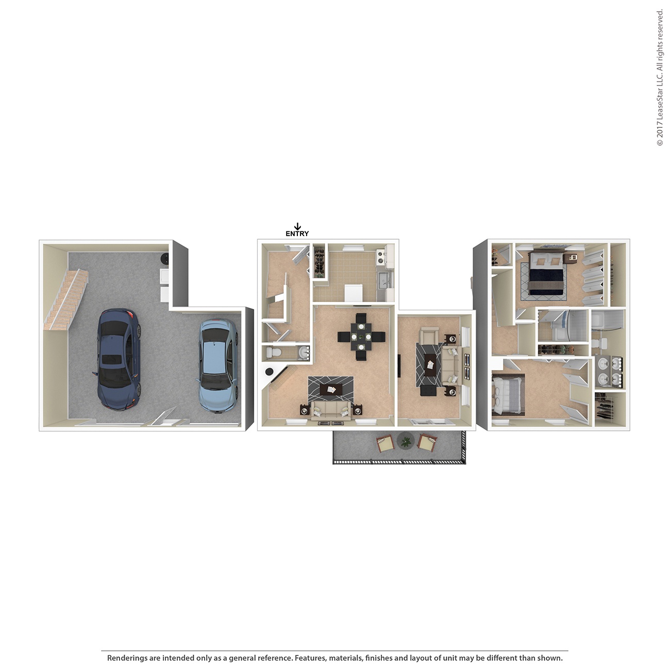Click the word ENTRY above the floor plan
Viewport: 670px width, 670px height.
click(x=297, y=233)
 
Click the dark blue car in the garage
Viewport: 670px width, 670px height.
click(x=119, y=359)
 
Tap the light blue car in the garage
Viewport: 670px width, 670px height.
click(x=219, y=364)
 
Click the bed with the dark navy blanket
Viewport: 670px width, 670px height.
click(x=545, y=276)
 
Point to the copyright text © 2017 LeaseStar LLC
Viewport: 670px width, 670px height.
click(x=660, y=77)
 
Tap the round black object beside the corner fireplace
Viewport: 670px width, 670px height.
click(x=269, y=371)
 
